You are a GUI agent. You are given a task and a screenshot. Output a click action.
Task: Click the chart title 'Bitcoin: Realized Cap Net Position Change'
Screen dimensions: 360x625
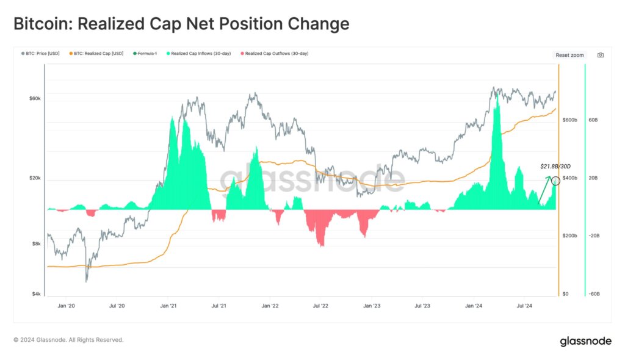(181, 24)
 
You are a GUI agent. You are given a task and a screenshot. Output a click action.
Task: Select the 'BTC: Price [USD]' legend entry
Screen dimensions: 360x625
(41, 54)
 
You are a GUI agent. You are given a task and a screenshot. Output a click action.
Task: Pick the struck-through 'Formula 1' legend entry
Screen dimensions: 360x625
(146, 54)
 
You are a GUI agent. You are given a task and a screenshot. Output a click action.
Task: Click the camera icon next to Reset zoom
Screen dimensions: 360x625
(601, 55)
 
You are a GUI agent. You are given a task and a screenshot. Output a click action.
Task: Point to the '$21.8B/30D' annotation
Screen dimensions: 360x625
(555, 166)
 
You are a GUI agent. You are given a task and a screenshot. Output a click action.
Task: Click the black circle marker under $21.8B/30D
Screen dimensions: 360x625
(555, 180)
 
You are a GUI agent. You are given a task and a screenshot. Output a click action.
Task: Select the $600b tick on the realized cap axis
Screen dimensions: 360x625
(569, 120)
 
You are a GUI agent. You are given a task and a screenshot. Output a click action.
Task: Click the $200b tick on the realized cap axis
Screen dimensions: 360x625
(569, 236)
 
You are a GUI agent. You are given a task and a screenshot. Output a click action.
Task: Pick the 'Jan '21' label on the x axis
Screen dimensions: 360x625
(168, 306)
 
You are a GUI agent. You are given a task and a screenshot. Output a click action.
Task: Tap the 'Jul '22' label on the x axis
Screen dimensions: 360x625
(321, 306)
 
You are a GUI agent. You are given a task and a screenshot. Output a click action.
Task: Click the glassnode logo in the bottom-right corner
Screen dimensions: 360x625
(585, 341)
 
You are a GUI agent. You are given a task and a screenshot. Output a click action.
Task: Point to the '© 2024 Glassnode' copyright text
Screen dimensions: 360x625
(68, 340)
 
